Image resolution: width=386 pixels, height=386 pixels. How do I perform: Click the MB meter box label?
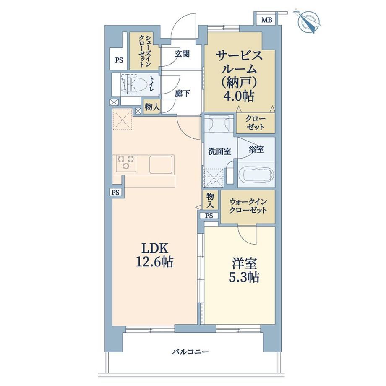[267, 20]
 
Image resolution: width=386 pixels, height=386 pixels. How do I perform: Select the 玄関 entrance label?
[182, 54]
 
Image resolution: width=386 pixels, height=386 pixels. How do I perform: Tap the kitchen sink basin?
[161, 164]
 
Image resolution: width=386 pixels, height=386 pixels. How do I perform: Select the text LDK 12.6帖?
[154, 255]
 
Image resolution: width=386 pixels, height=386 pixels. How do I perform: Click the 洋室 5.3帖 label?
[245, 270]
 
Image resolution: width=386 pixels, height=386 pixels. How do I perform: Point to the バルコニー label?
[190, 352]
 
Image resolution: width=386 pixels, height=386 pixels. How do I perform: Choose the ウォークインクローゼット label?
[248, 206]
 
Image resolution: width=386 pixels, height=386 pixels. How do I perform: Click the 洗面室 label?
[220, 151]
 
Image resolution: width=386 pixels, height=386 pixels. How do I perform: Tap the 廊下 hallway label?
[182, 93]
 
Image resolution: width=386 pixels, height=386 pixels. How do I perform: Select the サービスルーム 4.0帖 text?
[239, 76]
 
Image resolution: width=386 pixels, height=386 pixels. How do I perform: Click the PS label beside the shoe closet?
[119, 60]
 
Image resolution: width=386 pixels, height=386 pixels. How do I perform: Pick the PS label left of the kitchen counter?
[115, 192]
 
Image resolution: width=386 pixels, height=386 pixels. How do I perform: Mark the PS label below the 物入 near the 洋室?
[209, 216]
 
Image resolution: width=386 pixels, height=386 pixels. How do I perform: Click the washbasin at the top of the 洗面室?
[218, 123]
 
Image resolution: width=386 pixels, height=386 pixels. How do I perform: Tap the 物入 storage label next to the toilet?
[152, 107]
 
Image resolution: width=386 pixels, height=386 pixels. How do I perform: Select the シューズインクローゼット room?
[145, 51]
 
